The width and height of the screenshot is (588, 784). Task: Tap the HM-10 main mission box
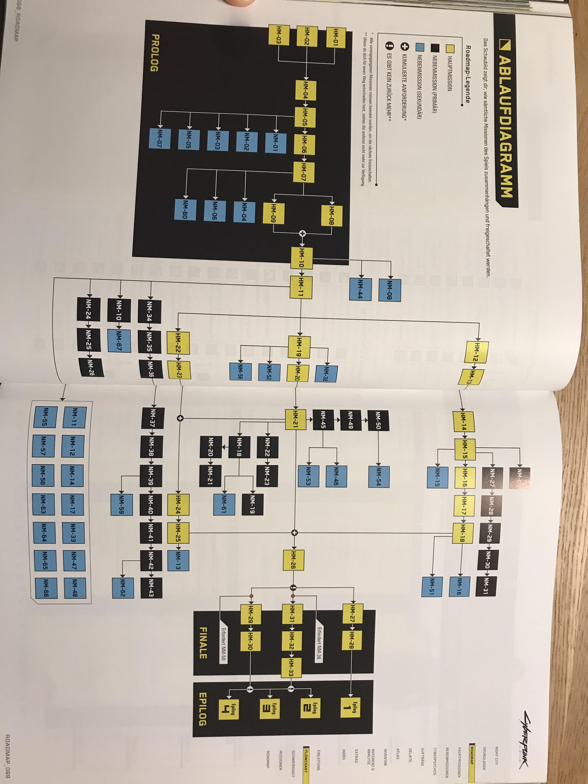[x=302, y=258]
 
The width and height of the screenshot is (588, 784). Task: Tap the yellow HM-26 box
[x=293, y=560]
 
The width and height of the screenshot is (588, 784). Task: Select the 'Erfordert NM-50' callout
[x=224, y=645]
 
